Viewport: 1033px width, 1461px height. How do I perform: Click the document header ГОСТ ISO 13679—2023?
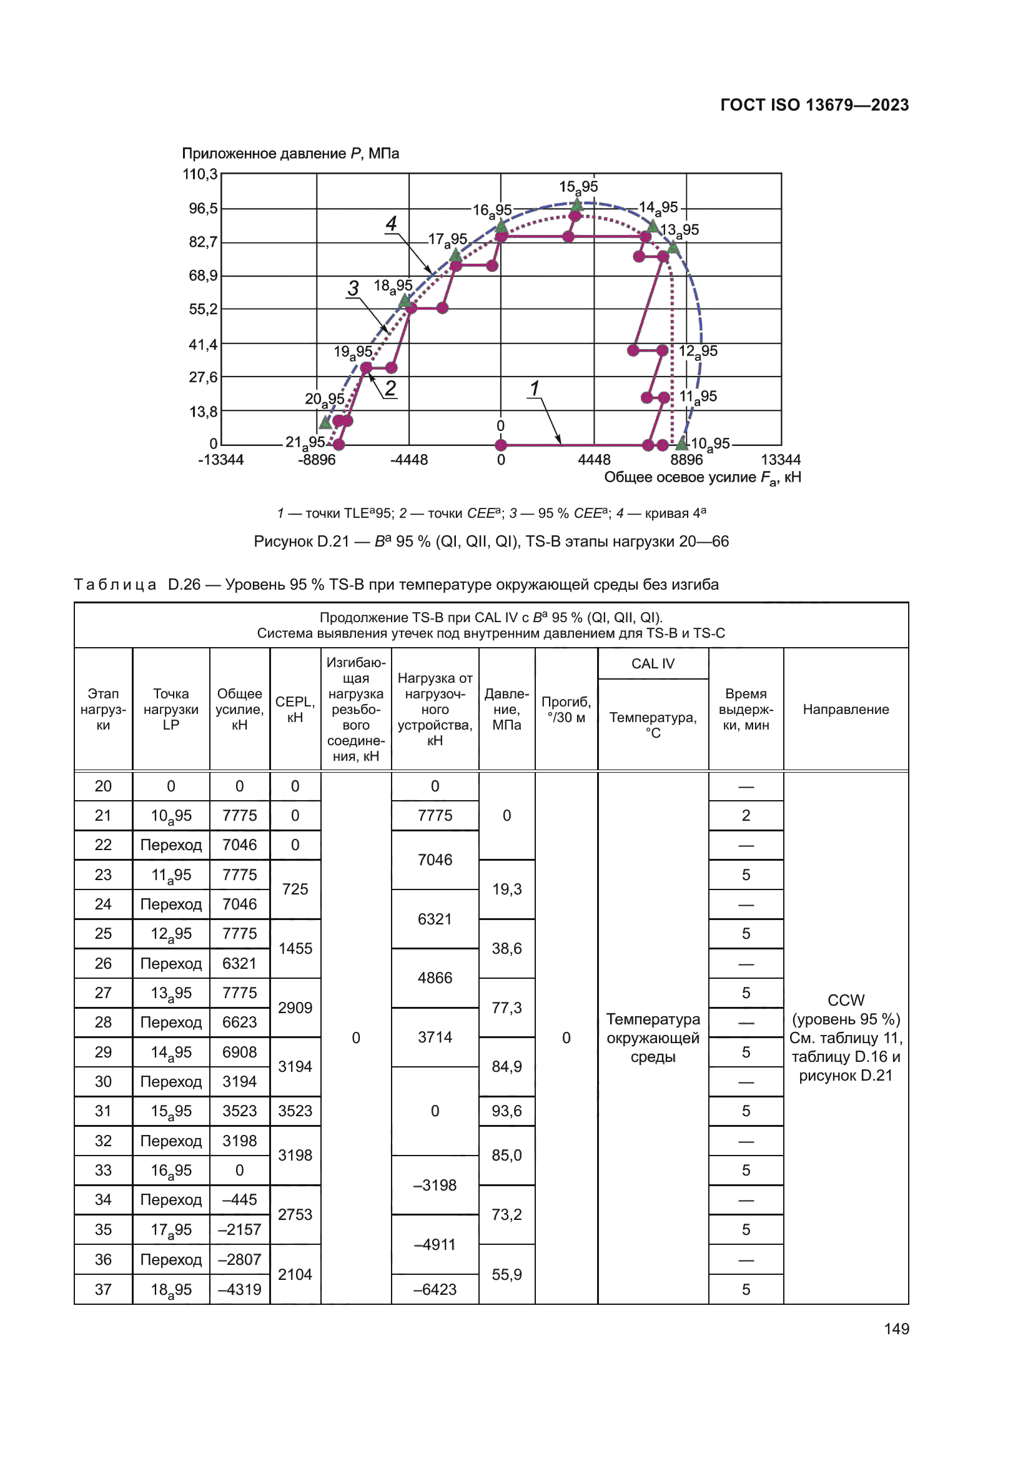pos(814,105)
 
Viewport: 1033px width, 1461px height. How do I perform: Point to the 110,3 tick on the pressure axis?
pos(200,174)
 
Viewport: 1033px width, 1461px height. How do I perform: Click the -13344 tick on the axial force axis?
pos(220,460)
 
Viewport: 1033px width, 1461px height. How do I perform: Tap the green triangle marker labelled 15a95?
pos(576,204)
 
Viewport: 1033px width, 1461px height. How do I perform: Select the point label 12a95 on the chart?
pos(698,351)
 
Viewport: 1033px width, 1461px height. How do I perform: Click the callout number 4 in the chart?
pos(391,224)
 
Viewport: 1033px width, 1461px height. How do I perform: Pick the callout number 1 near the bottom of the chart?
pos(535,387)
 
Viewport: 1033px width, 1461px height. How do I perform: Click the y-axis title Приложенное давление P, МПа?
pos(290,154)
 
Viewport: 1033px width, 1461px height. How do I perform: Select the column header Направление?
pos(846,710)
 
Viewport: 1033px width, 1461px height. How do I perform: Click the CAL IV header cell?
pos(653,664)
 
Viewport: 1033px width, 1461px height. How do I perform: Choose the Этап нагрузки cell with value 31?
pos(103,1111)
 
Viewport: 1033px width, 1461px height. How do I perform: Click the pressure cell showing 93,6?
pos(507,1111)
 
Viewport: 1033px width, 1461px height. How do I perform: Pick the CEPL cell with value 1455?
pos(295,949)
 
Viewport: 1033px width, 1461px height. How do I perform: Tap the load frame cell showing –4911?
pos(435,1245)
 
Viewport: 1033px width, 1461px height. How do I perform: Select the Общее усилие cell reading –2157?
pos(239,1229)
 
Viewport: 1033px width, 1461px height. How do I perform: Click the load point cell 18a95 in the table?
pos(171,1290)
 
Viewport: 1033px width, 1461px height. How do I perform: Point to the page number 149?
pos(896,1329)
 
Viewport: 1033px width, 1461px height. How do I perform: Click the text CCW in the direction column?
pos(846,1000)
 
